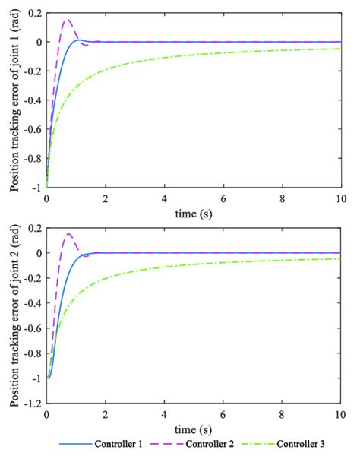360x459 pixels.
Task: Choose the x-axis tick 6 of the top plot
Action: point(223,195)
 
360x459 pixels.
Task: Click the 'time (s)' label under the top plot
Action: point(193,207)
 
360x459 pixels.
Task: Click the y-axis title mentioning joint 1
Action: point(13,100)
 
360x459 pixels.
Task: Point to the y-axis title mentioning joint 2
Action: point(13,322)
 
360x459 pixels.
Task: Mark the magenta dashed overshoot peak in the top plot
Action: point(67,20)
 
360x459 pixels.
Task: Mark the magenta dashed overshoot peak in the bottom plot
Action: point(68,234)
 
